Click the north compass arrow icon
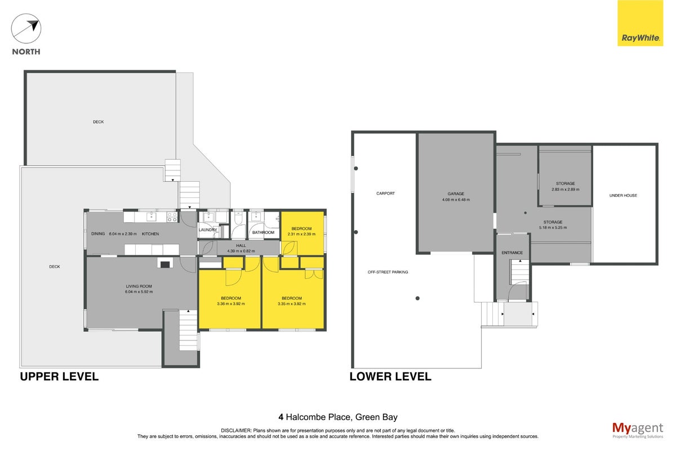(x=26, y=28)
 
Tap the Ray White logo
(x=640, y=23)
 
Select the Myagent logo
(x=638, y=430)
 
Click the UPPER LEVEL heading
(x=59, y=376)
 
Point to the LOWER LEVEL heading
(x=390, y=376)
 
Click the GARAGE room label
(x=456, y=194)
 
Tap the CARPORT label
(x=385, y=193)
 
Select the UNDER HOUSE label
(x=623, y=196)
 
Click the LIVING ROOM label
(x=139, y=286)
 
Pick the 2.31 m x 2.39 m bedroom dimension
(x=301, y=234)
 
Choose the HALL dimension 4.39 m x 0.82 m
(x=241, y=251)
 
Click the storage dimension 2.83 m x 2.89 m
(x=565, y=190)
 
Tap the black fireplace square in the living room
(x=164, y=264)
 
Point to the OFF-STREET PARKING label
(x=388, y=272)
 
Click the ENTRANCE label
(x=512, y=253)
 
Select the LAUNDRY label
(x=208, y=230)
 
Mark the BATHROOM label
(x=263, y=233)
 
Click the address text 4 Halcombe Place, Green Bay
(x=338, y=417)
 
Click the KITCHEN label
(x=150, y=234)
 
